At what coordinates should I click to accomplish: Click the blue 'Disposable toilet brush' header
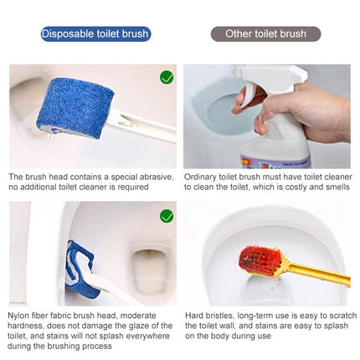95,34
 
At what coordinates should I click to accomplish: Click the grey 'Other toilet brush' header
265,34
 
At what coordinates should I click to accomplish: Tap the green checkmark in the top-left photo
167,77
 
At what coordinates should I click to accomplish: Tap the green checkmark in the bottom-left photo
167,216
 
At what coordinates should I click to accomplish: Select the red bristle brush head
260,260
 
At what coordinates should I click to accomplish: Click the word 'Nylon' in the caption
21,315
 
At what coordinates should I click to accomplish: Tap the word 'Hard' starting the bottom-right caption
193,315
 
